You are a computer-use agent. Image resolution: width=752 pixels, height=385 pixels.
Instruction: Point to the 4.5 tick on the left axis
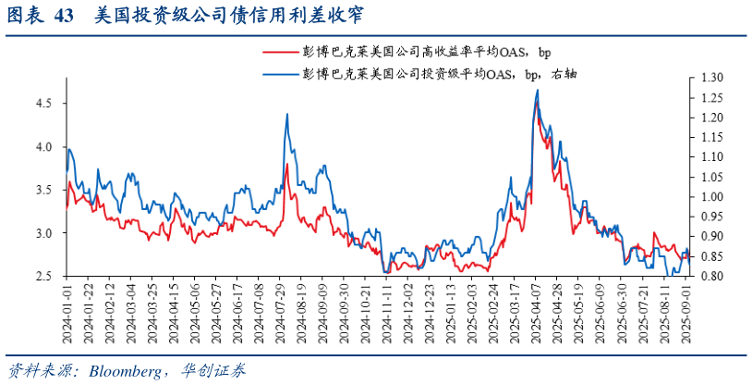click(x=44, y=104)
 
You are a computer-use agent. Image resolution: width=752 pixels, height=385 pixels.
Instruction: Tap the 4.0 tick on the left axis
click(x=44, y=147)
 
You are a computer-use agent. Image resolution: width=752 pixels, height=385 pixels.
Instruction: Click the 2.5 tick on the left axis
click(x=44, y=277)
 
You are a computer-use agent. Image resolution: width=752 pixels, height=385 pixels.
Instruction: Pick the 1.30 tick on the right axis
click(x=712, y=76)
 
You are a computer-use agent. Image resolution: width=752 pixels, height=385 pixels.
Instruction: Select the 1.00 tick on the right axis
click(x=712, y=197)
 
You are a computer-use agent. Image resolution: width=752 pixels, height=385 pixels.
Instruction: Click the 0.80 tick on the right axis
click(x=712, y=277)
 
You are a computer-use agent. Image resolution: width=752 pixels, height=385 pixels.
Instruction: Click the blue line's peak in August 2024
click(x=287, y=114)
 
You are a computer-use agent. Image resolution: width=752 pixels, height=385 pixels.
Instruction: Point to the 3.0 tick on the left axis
click(x=44, y=233)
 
